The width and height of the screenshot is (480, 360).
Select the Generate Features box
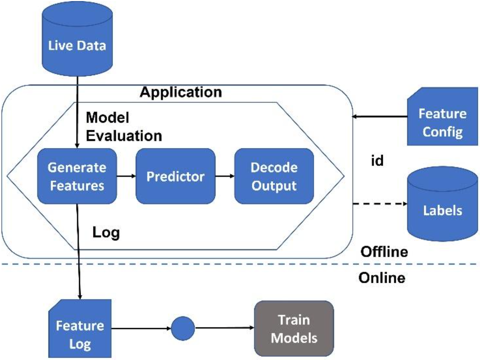[x=77, y=176]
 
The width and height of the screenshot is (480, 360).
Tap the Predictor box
[x=175, y=176]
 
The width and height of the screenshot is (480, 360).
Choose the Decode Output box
[x=274, y=176]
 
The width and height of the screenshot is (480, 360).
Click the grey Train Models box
[x=294, y=329]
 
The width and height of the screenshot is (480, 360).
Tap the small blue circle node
[x=183, y=328]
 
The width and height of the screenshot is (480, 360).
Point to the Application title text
[x=181, y=92]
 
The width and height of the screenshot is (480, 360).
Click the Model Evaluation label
[x=124, y=127]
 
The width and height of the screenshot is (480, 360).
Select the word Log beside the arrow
[x=106, y=232]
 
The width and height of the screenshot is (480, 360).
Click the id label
[x=377, y=161]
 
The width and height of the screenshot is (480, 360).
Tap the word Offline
[x=384, y=252]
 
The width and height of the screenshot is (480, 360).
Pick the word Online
[x=382, y=278]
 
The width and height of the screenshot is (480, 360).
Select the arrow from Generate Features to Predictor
[x=126, y=176]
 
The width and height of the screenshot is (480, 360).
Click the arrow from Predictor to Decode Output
[x=225, y=176]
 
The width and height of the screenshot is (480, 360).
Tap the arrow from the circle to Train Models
[x=225, y=328]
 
